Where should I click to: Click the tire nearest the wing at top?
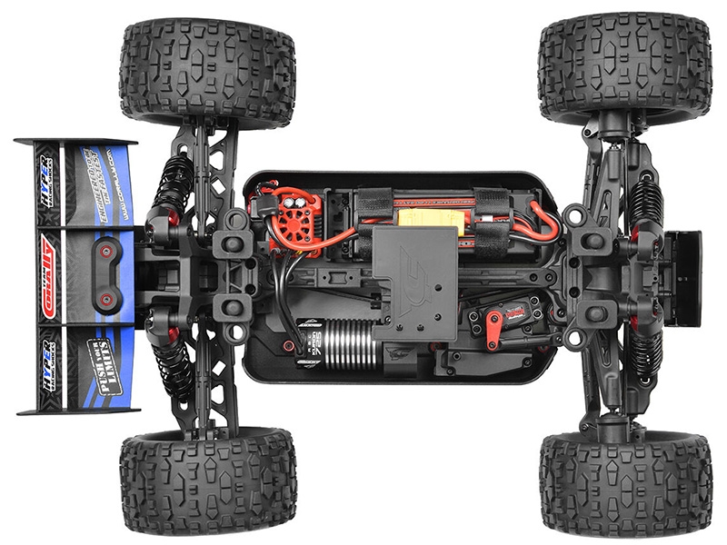point(207,73)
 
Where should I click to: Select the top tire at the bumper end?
point(624,68)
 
